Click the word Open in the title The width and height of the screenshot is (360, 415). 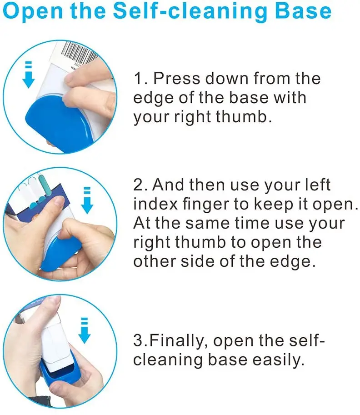(33, 10)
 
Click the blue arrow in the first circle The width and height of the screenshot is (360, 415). (28, 75)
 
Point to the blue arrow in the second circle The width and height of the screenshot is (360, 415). (87, 200)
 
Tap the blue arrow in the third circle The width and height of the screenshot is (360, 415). (84, 330)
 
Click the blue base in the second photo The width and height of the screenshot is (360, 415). (61, 254)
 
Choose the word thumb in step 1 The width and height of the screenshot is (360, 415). (244, 117)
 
